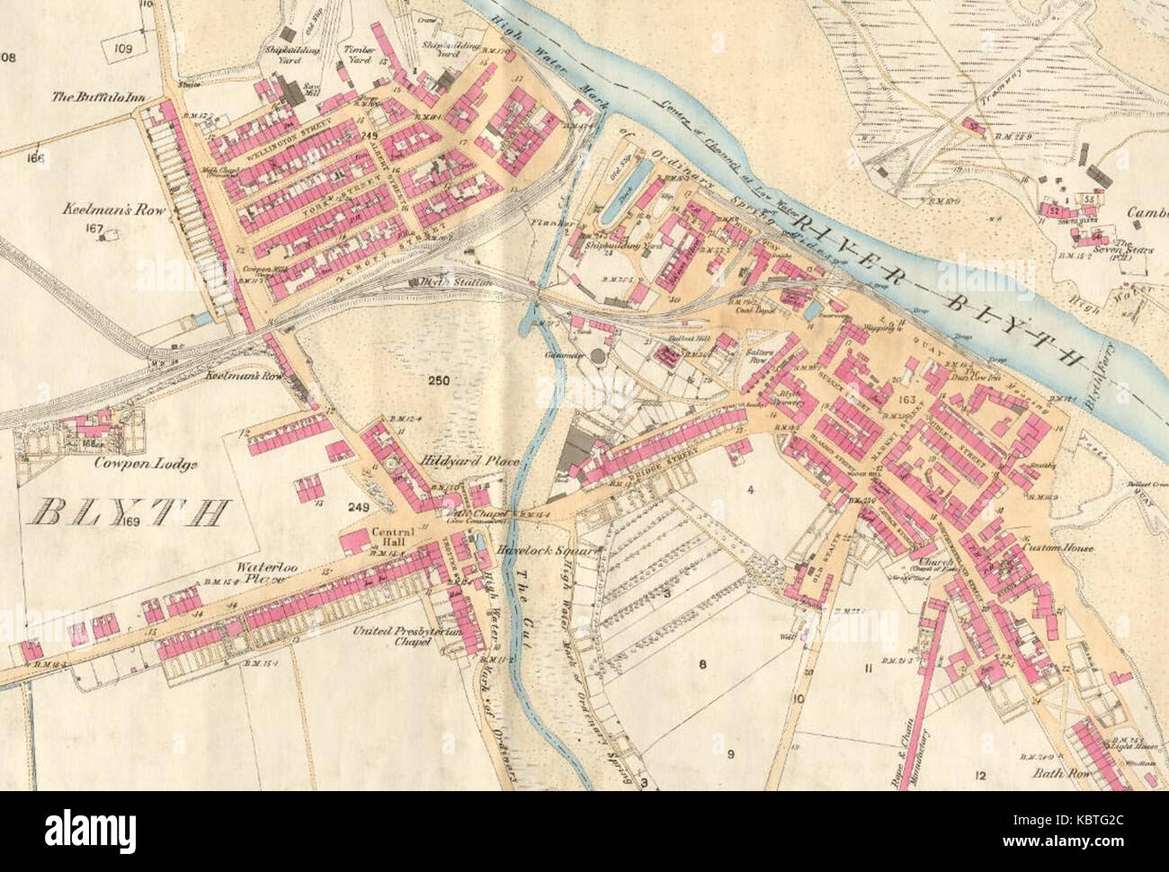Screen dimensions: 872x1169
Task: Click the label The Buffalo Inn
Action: (92, 101)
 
